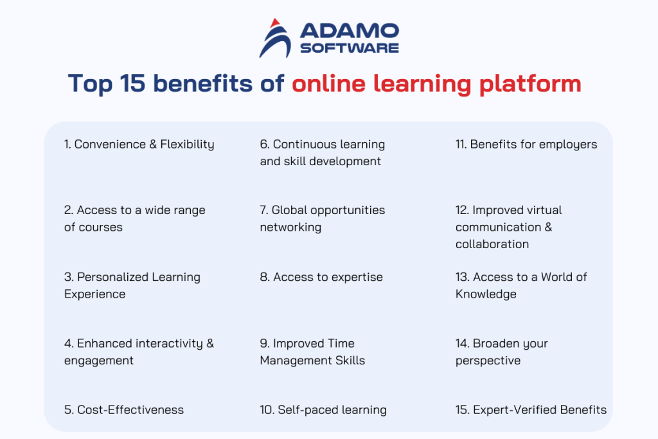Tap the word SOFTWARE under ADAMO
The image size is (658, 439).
point(349,48)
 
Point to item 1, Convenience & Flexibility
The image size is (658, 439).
point(139,144)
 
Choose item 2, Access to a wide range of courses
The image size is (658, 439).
point(134,219)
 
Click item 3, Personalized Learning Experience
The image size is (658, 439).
point(132,285)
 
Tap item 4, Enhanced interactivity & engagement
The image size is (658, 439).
point(139,352)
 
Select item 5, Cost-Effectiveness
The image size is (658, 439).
point(123,409)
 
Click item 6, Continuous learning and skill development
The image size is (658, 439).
point(322,152)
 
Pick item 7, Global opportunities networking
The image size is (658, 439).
point(322,219)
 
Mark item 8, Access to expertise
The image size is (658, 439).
point(321,277)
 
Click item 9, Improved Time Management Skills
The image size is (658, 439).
point(312,352)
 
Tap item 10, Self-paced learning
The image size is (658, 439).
point(323,409)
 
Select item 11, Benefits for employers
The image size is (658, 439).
point(526,144)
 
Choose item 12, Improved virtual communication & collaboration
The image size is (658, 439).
point(508,227)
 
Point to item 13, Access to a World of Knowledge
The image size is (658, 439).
point(521,285)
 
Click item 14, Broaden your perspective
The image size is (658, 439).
point(501,352)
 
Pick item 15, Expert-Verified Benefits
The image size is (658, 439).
point(531,409)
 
